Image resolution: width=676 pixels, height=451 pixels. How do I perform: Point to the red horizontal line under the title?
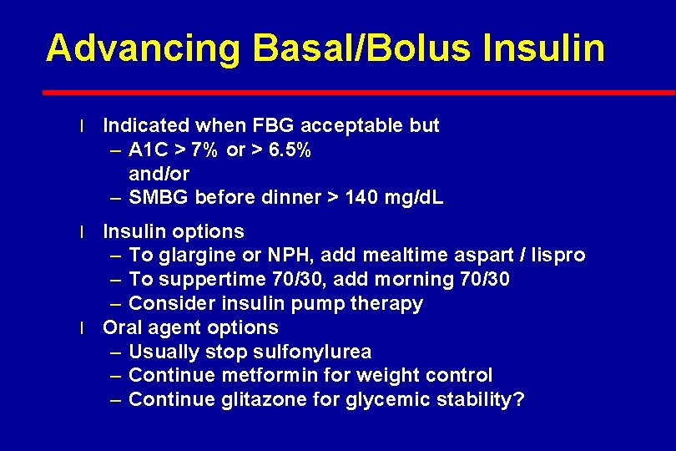pos(359,92)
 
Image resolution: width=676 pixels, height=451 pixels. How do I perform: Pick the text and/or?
pos(159,175)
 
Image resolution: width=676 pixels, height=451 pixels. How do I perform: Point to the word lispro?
pos(557,256)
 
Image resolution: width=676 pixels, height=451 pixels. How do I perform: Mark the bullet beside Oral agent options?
pos(82,328)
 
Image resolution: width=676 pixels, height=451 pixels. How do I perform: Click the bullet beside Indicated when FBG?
pos(82,127)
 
